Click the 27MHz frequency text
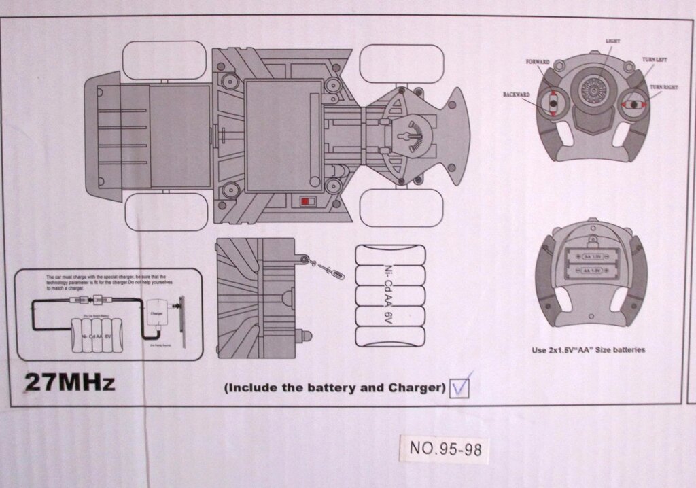(x=69, y=382)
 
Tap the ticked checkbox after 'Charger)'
(x=460, y=387)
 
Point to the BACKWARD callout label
(x=517, y=94)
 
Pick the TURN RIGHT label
(x=663, y=88)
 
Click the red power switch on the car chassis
(x=308, y=202)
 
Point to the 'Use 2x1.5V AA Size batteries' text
(x=588, y=351)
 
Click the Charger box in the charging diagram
(x=156, y=314)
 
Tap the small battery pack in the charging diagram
(x=95, y=336)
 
